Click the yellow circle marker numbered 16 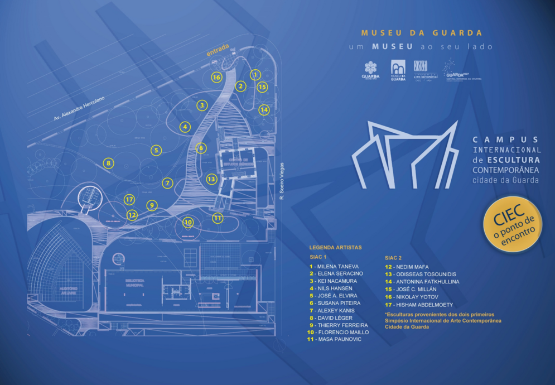pyautogui.click(x=216, y=78)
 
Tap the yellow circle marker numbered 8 pyautogui.click(x=108, y=163)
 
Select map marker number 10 pyautogui.click(x=188, y=222)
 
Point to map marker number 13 pyautogui.click(x=211, y=179)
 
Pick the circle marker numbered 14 pyautogui.click(x=264, y=110)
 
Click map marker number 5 pyautogui.click(x=156, y=150)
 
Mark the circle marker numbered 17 pyautogui.click(x=129, y=199)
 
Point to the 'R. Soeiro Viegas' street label pyautogui.click(x=282, y=181)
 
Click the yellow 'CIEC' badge pyautogui.click(x=513, y=223)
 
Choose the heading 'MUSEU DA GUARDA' pyautogui.click(x=421, y=33)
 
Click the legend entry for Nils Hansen pyautogui.click(x=332, y=288)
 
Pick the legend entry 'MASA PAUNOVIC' pyautogui.click(x=335, y=339)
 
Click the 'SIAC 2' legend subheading pyautogui.click(x=393, y=258)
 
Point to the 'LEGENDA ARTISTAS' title pyautogui.click(x=335, y=247)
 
